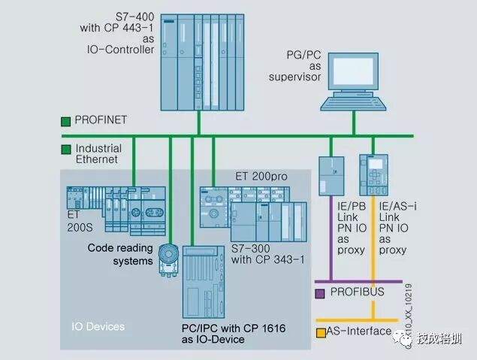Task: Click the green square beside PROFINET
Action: pyautogui.click(x=67, y=120)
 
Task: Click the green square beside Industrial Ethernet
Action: pyautogui.click(x=67, y=149)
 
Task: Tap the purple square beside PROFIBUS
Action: pyautogui.click(x=319, y=292)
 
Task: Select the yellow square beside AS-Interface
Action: pyautogui.click(x=319, y=331)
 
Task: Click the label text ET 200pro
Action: pyautogui.click(x=250, y=175)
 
